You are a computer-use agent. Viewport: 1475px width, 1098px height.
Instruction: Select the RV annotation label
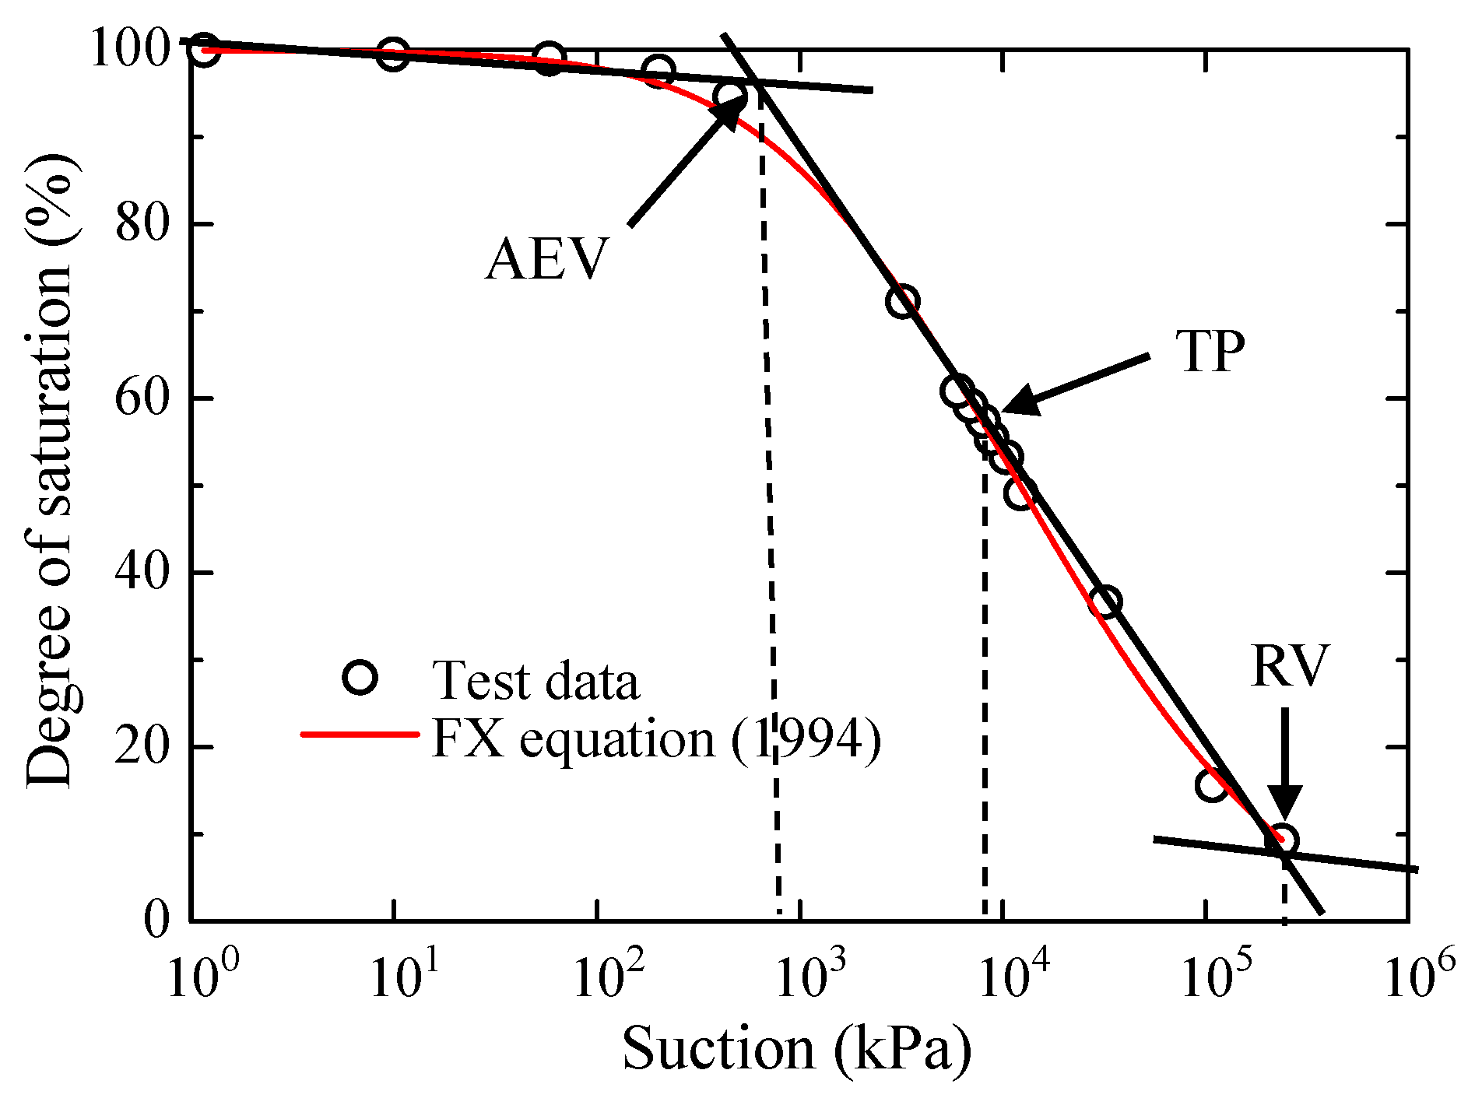click(x=1290, y=667)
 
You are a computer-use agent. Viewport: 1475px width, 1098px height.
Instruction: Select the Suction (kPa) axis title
click(x=796, y=1050)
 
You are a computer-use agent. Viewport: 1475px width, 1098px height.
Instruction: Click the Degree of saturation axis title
click(x=50, y=471)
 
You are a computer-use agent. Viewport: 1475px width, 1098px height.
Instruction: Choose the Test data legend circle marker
click(x=360, y=678)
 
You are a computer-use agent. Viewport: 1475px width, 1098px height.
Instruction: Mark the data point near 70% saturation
click(x=902, y=301)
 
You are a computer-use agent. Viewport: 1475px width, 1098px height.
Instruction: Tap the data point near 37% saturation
click(x=1106, y=602)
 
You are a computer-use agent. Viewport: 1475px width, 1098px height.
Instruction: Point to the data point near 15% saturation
click(x=1212, y=784)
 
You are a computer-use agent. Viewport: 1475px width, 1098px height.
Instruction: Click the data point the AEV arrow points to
click(x=732, y=97)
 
